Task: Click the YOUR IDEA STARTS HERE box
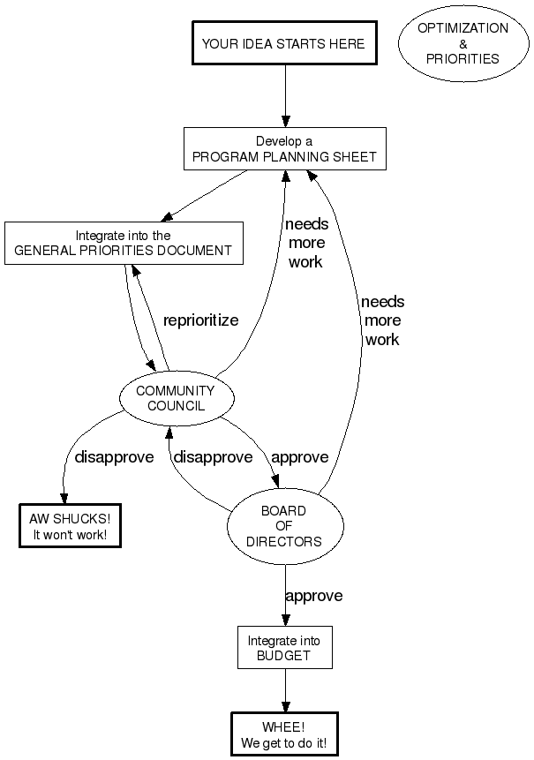[x=282, y=43]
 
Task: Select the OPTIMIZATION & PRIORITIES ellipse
[x=463, y=43]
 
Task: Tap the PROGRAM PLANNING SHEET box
[x=284, y=149]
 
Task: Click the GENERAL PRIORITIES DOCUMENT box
[x=124, y=243]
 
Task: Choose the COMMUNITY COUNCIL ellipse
[x=176, y=398]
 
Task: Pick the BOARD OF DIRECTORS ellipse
[x=284, y=526]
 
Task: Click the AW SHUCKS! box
[x=70, y=525]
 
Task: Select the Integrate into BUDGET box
[x=284, y=648]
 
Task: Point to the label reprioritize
[x=200, y=320]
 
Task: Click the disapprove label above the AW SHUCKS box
[x=114, y=457]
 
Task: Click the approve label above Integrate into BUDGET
[x=313, y=596]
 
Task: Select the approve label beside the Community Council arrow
[x=299, y=457]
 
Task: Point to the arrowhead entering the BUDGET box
[x=284, y=621]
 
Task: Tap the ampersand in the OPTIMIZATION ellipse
[x=463, y=43]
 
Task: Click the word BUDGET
[x=284, y=656]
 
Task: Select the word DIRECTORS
[x=284, y=541]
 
